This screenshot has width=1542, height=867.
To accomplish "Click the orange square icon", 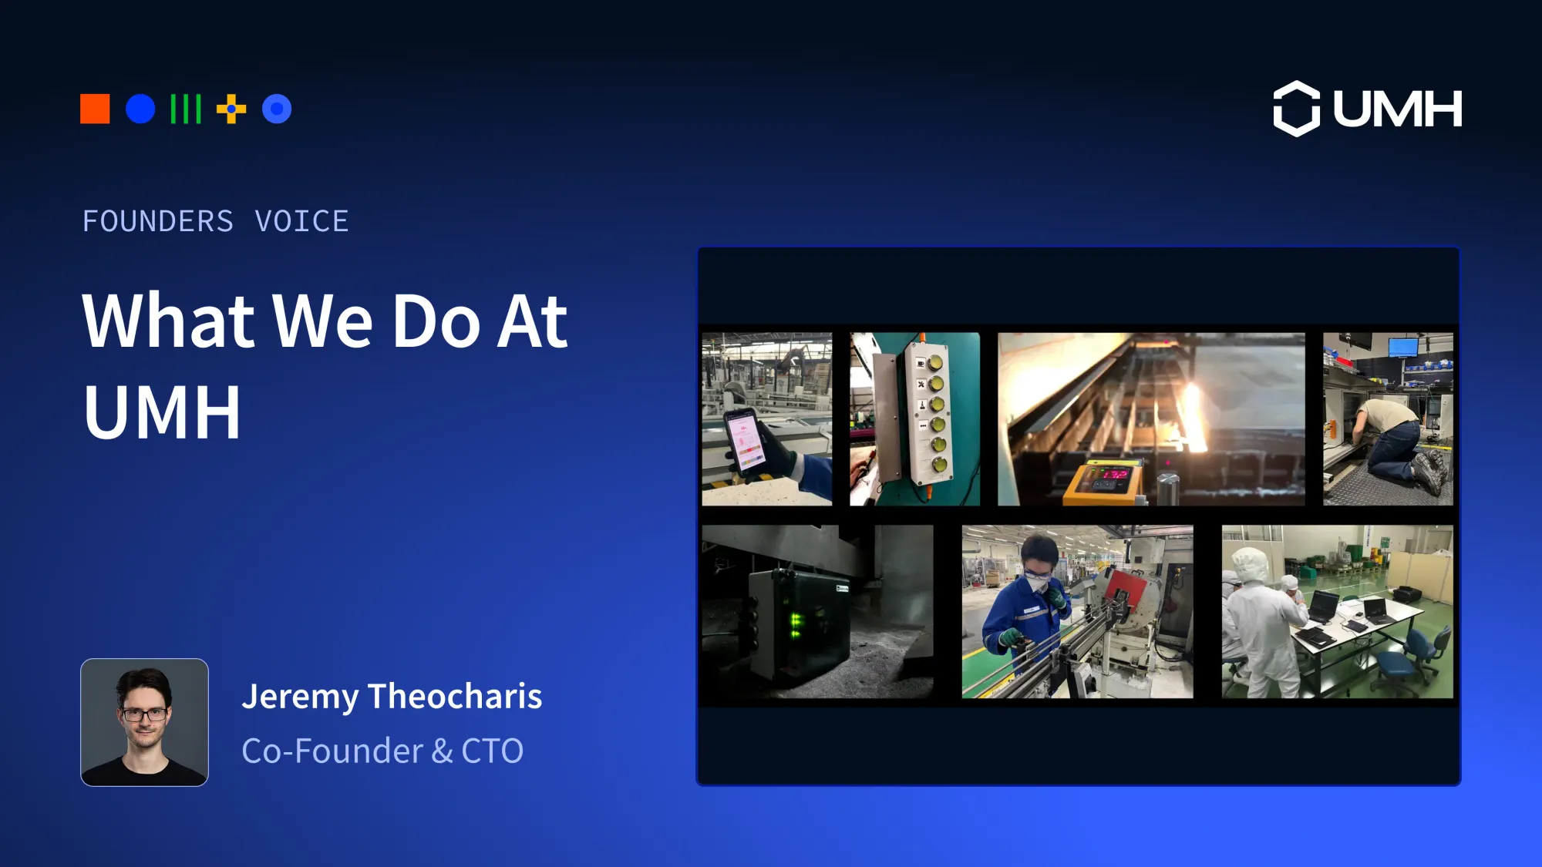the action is [x=95, y=109].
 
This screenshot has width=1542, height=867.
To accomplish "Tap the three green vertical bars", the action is [x=186, y=109].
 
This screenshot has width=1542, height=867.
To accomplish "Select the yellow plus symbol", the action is [x=231, y=109].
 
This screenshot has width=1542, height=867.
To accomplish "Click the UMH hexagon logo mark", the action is [x=1296, y=109].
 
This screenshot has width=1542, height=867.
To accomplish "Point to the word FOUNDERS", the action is [x=158, y=222].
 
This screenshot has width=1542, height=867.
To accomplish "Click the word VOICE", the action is [x=301, y=222].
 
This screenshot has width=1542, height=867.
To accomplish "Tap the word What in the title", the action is [x=168, y=321].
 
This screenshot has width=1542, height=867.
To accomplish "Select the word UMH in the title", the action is [x=162, y=412].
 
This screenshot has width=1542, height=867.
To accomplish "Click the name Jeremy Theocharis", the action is [x=392, y=697].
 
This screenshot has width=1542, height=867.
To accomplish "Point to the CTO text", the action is [x=492, y=751].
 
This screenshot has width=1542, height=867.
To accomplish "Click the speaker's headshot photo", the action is [x=144, y=722].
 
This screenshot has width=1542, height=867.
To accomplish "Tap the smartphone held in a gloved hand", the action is [x=745, y=440].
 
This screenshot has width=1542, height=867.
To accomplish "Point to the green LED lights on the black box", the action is [x=795, y=625].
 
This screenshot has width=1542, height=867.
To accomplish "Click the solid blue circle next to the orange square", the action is [x=140, y=109].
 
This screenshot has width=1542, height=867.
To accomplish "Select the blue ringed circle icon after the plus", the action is [x=277, y=109].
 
